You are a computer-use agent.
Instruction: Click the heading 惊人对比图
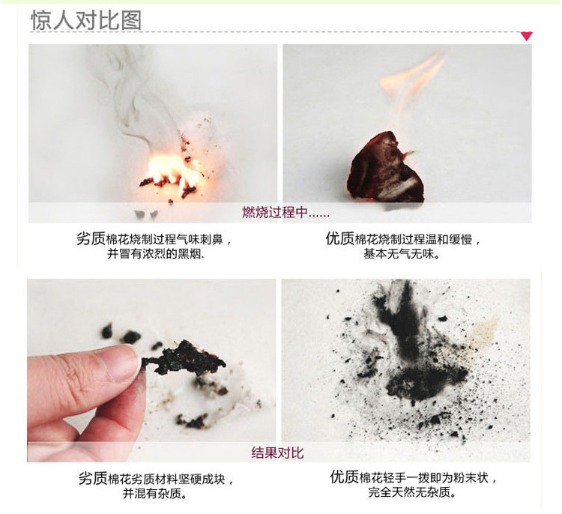(x=86, y=19)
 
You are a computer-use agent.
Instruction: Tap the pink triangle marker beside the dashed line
(x=526, y=36)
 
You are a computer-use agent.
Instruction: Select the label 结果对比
(x=277, y=453)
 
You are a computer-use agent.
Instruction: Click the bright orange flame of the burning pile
(x=172, y=172)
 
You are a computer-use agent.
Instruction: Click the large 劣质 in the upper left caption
(x=91, y=239)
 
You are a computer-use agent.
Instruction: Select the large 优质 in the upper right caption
(x=339, y=239)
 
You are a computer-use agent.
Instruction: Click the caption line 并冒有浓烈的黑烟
(x=156, y=254)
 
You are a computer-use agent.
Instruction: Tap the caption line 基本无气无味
(x=402, y=254)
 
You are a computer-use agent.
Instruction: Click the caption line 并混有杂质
(x=155, y=494)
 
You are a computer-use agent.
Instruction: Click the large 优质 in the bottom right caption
(x=344, y=477)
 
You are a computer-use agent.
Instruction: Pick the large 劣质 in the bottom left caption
(x=93, y=479)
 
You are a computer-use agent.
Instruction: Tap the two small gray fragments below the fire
(x=145, y=214)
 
